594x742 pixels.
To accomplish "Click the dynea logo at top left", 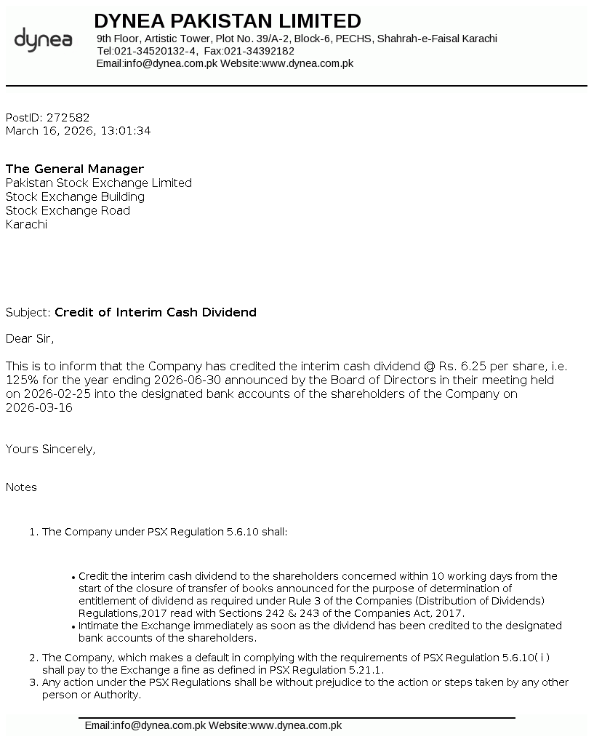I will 43,39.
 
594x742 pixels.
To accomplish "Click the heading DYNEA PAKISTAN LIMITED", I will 227,20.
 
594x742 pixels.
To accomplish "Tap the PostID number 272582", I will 68,117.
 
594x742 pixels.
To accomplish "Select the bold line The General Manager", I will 75,169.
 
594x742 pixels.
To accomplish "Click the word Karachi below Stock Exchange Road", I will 26,224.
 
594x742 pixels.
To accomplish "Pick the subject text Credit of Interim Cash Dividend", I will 156,312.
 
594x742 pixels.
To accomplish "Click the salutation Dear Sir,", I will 30,338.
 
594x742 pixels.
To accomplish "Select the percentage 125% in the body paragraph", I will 20,380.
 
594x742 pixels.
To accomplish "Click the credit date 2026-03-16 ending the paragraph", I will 39,407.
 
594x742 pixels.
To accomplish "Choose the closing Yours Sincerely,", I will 50,449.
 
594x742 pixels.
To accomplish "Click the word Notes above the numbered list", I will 21,487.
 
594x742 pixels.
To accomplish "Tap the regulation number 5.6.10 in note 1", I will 241,532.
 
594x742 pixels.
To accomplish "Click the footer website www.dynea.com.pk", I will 296,725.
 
